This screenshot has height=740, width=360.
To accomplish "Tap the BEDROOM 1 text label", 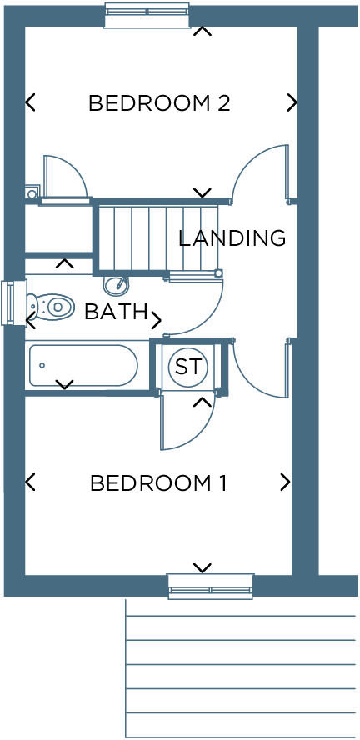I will tap(158, 482).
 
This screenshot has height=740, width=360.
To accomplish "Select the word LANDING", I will tap(232, 238).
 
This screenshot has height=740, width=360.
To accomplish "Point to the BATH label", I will tap(116, 312).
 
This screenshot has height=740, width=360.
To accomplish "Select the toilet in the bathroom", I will tap(50, 307).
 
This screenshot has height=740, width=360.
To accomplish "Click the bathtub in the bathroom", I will tap(82, 365).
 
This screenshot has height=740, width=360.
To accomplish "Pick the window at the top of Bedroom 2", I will tap(146, 15).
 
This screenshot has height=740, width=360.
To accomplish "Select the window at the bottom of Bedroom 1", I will tap(210, 586).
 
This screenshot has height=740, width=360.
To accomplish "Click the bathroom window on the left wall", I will tap(9, 302).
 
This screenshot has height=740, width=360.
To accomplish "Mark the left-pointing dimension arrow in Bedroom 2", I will tap(30, 102).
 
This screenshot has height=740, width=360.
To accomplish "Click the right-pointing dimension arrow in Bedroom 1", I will tap(286, 482).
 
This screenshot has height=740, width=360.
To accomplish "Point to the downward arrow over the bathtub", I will tap(64, 384).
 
